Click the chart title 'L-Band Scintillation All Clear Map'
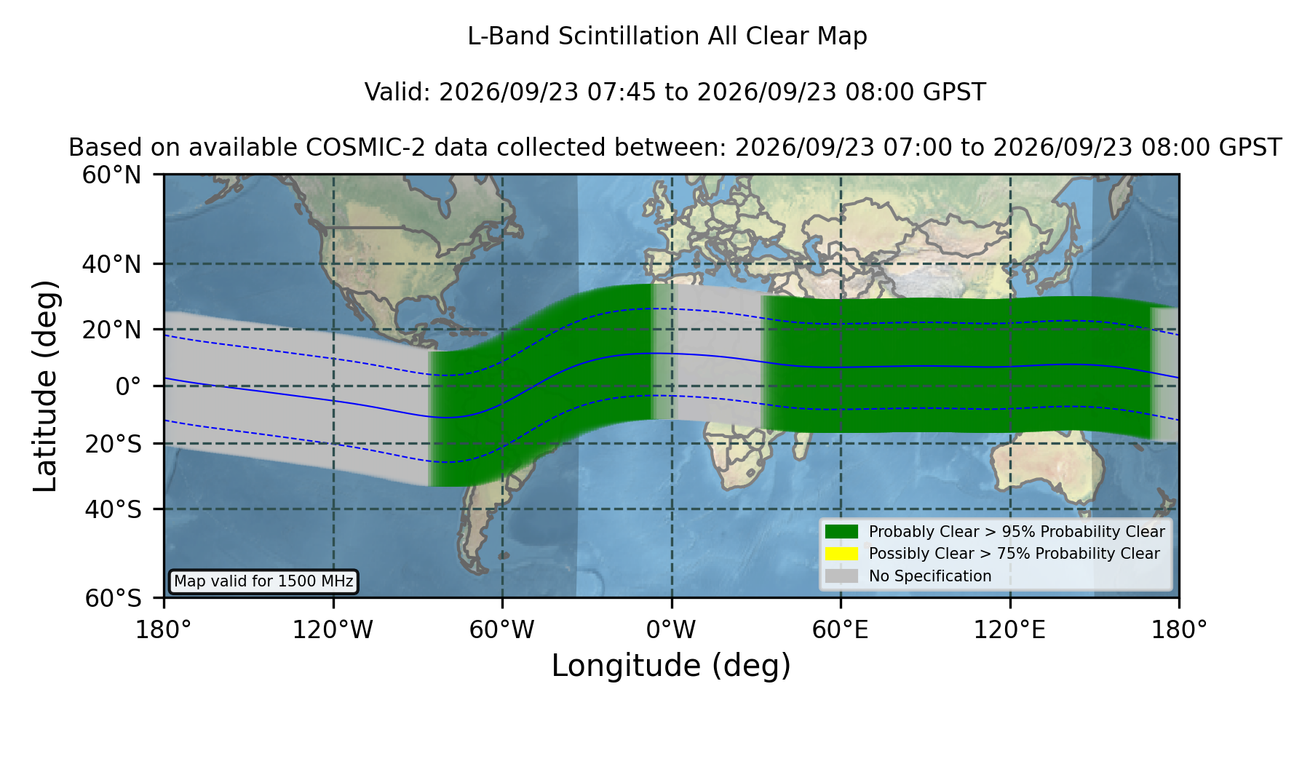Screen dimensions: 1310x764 coord(667,36)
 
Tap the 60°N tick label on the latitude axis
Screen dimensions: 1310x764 coord(111,175)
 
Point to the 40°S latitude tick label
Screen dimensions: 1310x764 coord(113,509)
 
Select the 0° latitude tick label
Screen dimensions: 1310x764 coord(128,386)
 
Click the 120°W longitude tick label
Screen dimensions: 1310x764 coord(333,630)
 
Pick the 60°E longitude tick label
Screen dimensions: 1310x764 coord(841,630)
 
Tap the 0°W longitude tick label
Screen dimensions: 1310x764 coord(672,630)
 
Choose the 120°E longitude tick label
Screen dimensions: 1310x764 coord(1010,630)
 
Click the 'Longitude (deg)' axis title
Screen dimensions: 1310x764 coord(671,666)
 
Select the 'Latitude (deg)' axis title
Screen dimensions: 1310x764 coord(45,386)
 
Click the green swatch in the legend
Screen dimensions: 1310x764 coord(841,531)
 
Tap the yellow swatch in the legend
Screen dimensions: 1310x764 coord(841,554)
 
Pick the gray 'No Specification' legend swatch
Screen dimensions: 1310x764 coord(841,576)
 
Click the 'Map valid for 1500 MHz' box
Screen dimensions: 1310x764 coord(263,581)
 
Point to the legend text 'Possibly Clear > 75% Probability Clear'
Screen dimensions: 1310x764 coord(1014,554)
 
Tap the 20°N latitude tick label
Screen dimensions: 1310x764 coord(111,330)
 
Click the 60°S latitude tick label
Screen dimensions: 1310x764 coord(113,598)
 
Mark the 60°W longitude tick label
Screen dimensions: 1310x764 coord(502,630)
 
